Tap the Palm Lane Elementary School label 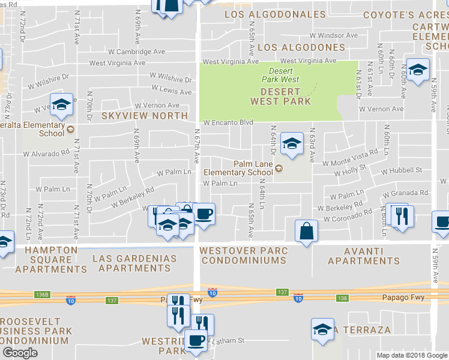coord(238,168)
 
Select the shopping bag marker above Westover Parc coord(306,231)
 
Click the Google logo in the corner coord(20,353)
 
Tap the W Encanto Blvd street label coord(228,122)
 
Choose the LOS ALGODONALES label coord(275,14)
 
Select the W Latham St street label coord(225,340)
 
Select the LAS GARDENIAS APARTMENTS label coord(134,263)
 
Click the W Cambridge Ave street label coord(136,52)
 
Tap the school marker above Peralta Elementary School coord(61,104)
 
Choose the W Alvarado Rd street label coord(46,154)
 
